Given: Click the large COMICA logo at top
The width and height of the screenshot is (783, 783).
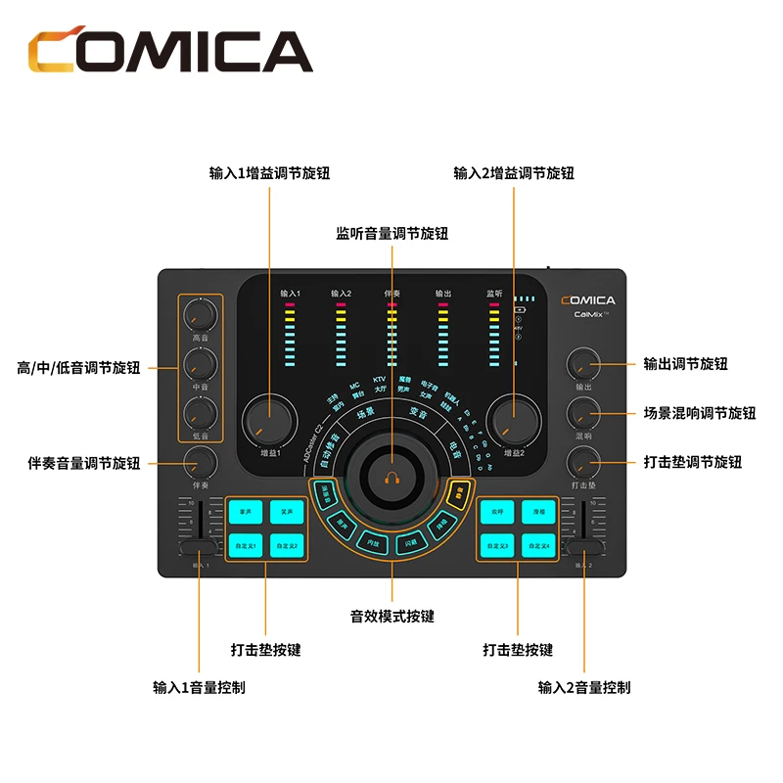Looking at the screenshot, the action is coord(168,51).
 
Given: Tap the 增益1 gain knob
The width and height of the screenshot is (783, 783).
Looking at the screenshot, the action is coord(269,421).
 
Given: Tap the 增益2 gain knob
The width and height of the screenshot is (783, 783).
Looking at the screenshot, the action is coord(514,421).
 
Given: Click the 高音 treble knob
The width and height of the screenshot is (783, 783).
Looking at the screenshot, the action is coord(201,314).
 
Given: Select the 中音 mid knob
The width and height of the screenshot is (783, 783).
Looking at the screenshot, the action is coord(201,364).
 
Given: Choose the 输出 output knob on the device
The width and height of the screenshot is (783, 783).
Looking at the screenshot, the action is coord(584,365).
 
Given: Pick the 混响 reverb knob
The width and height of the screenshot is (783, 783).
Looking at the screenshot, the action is coord(584,412).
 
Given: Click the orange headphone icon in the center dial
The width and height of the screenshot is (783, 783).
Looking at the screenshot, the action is coord(391,478).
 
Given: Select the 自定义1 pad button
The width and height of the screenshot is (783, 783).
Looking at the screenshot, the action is coord(245,544).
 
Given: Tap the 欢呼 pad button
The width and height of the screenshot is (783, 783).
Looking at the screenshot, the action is coord(497,511).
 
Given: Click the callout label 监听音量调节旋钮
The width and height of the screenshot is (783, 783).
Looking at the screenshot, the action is coord(391,234).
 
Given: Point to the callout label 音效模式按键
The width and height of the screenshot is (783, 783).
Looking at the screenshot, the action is coord(391,617).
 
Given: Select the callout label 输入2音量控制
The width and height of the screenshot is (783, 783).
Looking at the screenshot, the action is coord(584,687).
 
